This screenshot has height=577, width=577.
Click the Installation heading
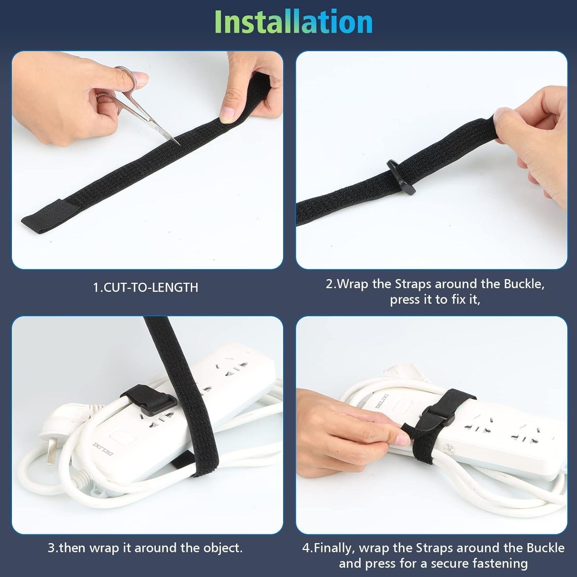(294, 22)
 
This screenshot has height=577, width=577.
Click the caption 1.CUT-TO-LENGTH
(146, 287)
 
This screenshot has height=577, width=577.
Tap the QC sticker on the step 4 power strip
(449, 450)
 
